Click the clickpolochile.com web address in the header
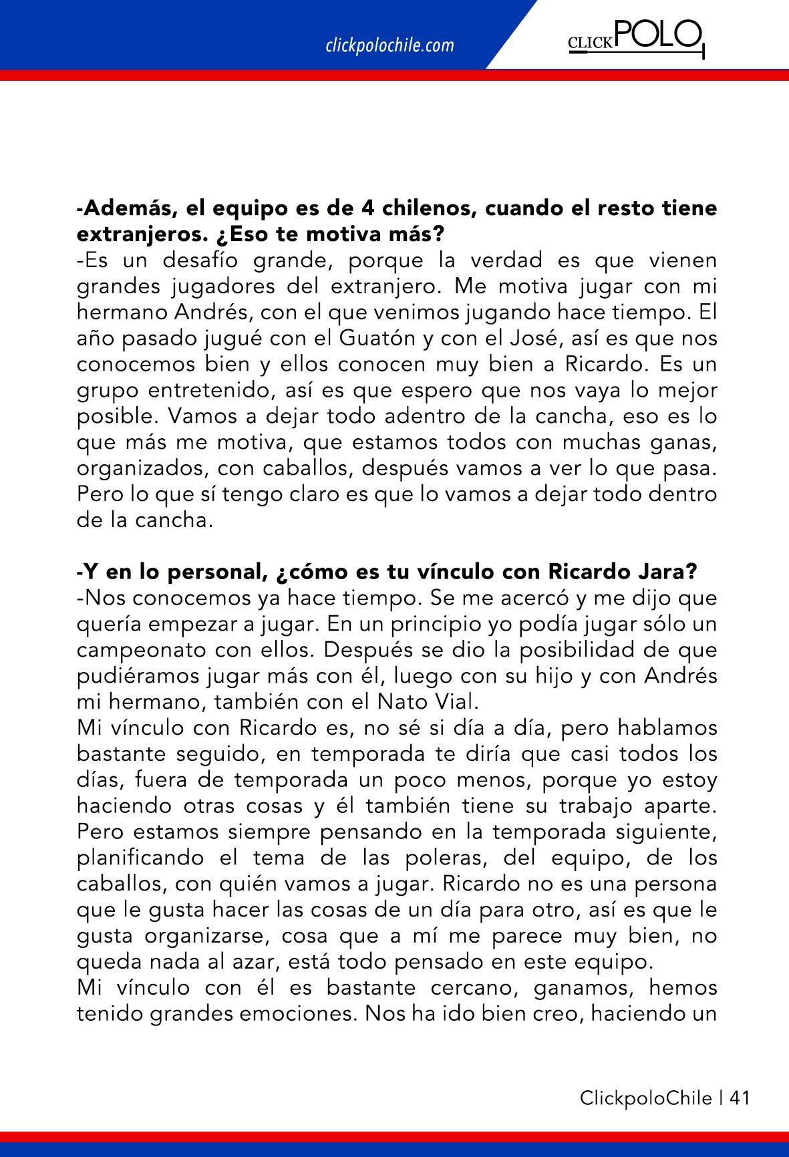point(389,45)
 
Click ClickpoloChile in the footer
point(645,1098)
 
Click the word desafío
point(213,261)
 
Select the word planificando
point(141,858)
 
